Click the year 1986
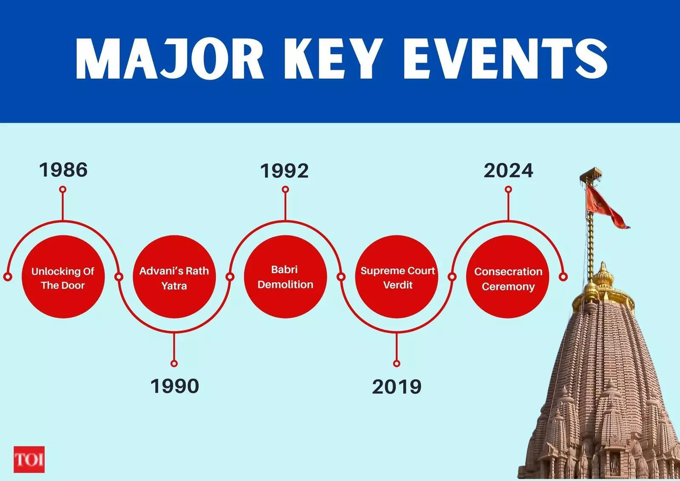63,170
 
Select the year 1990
175,386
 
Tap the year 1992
284,171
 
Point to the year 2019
397,387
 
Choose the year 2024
508,171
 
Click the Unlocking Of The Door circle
63,277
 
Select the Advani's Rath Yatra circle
174,277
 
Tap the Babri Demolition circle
285,277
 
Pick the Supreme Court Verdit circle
397,277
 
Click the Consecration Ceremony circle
508,277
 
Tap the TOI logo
29,459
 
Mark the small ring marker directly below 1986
63,189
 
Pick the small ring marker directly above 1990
174,364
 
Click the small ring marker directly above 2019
397,364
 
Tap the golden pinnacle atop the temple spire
603,281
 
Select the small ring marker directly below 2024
508,190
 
